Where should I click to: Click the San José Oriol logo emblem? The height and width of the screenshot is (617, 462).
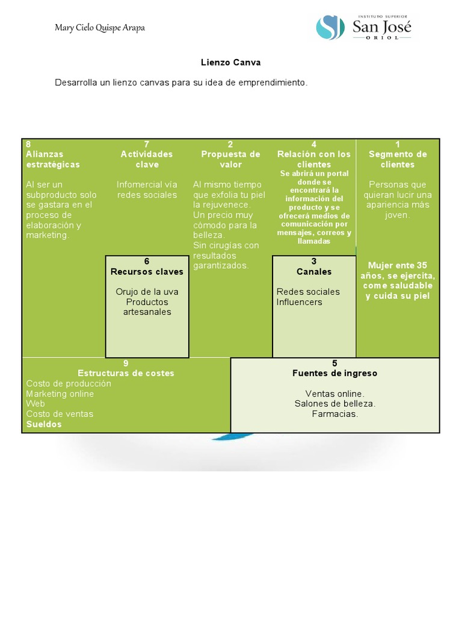(x=330, y=28)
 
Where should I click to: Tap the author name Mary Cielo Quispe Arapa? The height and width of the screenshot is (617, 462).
(x=100, y=28)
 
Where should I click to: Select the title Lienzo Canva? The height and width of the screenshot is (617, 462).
(x=230, y=62)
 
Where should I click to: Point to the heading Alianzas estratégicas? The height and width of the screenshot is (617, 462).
(x=53, y=159)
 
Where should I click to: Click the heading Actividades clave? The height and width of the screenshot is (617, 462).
(x=147, y=159)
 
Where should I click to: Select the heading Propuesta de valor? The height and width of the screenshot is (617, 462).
(x=230, y=159)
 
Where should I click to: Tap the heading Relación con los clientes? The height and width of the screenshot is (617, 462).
(x=314, y=159)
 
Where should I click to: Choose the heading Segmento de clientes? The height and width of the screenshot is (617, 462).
(x=398, y=159)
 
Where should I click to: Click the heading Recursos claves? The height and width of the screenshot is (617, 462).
(x=147, y=272)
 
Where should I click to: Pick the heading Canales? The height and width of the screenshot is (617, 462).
(x=314, y=272)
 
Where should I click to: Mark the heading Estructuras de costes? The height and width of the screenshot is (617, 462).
(x=126, y=373)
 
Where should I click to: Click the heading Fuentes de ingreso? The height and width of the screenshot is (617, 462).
(x=335, y=373)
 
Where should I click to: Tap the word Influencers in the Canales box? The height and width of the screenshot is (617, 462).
(x=299, y=302)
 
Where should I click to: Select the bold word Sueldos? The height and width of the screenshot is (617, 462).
(x=44, y=424)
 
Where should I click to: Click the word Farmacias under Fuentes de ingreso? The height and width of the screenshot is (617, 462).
(x=335, y=414)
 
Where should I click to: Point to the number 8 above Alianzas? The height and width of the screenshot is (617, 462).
(x=28, y=144)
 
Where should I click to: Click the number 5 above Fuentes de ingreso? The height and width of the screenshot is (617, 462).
(x=335, y=363)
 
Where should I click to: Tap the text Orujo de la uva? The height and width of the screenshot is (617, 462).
(x=147, y=292)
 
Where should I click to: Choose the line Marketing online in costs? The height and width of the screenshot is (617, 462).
(x=60, y=393)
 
